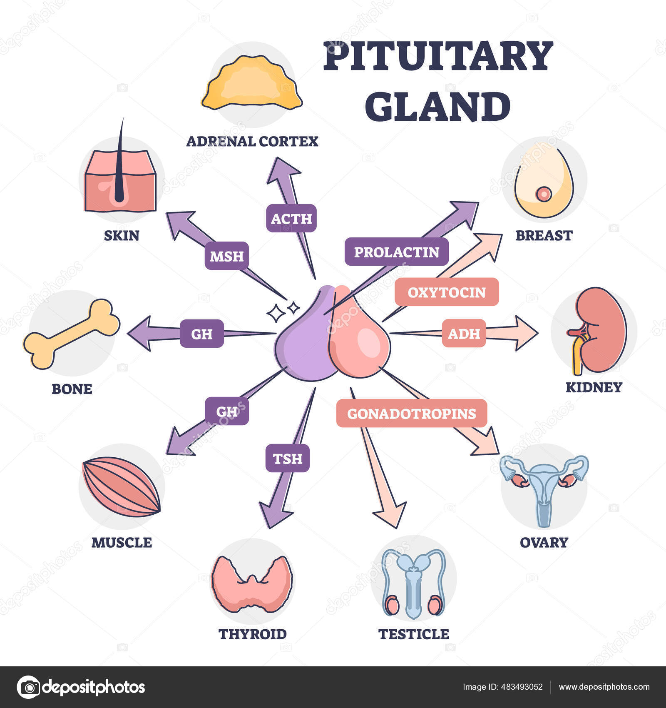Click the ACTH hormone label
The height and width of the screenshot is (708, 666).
pos(291,218)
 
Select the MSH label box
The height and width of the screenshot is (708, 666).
pos(226,256)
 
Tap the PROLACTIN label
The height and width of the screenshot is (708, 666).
pos(396,252)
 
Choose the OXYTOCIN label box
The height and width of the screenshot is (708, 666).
pos(446,292)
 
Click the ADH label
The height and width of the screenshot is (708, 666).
pos(464,333)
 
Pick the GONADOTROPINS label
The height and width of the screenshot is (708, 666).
pos(411,413)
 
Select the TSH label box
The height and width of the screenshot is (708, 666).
pos(287,458)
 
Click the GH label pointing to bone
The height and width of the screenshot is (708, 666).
pos(201,334)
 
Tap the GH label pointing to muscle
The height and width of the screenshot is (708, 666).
pos(226,411)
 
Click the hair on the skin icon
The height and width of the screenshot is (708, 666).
pos(120,167)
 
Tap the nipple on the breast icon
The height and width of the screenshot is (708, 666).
pos(544,194)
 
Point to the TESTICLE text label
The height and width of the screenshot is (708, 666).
pos(414,634)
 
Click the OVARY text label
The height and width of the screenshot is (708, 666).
pos(544,542)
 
